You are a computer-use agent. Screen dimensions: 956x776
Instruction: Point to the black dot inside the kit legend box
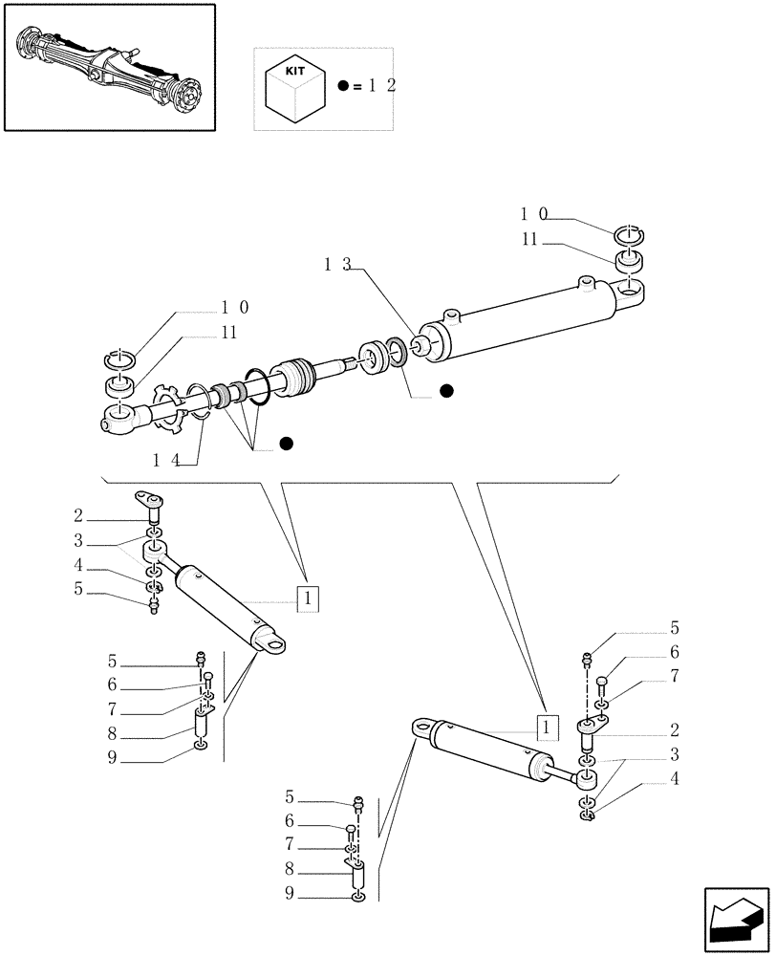(344, 86)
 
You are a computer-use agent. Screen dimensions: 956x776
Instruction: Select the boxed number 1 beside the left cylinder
(307, 598)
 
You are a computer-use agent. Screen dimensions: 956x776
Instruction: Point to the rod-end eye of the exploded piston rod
(119, 419)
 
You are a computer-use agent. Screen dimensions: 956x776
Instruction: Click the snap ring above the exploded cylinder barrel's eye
(630, 234)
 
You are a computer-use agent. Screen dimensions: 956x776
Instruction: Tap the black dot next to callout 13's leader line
(446, 390)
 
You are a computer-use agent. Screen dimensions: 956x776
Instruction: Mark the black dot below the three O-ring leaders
(286, 443)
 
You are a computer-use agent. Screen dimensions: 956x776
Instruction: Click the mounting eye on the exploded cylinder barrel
(632, 289)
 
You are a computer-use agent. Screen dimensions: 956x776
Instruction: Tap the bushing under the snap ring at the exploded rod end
(119, 387)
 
